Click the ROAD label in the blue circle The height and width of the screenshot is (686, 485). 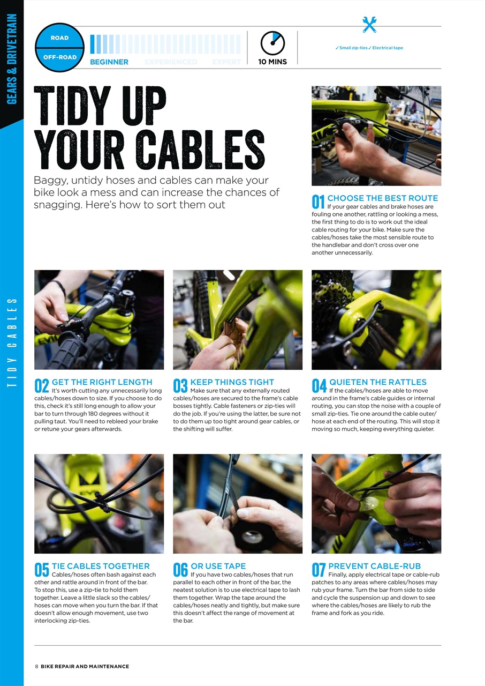[x=59, y=38]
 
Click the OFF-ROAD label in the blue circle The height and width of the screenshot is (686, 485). [x=59, y=57]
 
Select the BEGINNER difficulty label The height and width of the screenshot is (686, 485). [x=109, y=62]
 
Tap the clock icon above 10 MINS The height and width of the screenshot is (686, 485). [x=272, y=43]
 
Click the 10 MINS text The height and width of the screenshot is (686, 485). [x=272, y=62]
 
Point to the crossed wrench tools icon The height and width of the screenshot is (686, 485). [x=369, y=25]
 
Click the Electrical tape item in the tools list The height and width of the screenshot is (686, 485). [x=388, y=48]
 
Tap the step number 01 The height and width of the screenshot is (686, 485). [x=318, y=202]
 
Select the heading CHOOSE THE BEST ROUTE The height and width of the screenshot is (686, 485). [x=382, y=198]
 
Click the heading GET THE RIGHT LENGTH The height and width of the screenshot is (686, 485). [x=102, y=382]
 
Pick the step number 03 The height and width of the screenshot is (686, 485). [x=180, y=386]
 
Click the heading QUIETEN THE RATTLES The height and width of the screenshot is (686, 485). [x=377, y=382]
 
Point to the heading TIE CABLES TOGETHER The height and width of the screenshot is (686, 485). [x=101, y=566]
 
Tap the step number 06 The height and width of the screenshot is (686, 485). [x=180, y=570]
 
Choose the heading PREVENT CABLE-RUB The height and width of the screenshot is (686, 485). [x=374, y=566]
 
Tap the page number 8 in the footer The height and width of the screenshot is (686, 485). [x=36, y=667]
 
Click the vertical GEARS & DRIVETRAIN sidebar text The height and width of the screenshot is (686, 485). [x=12, y=59]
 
